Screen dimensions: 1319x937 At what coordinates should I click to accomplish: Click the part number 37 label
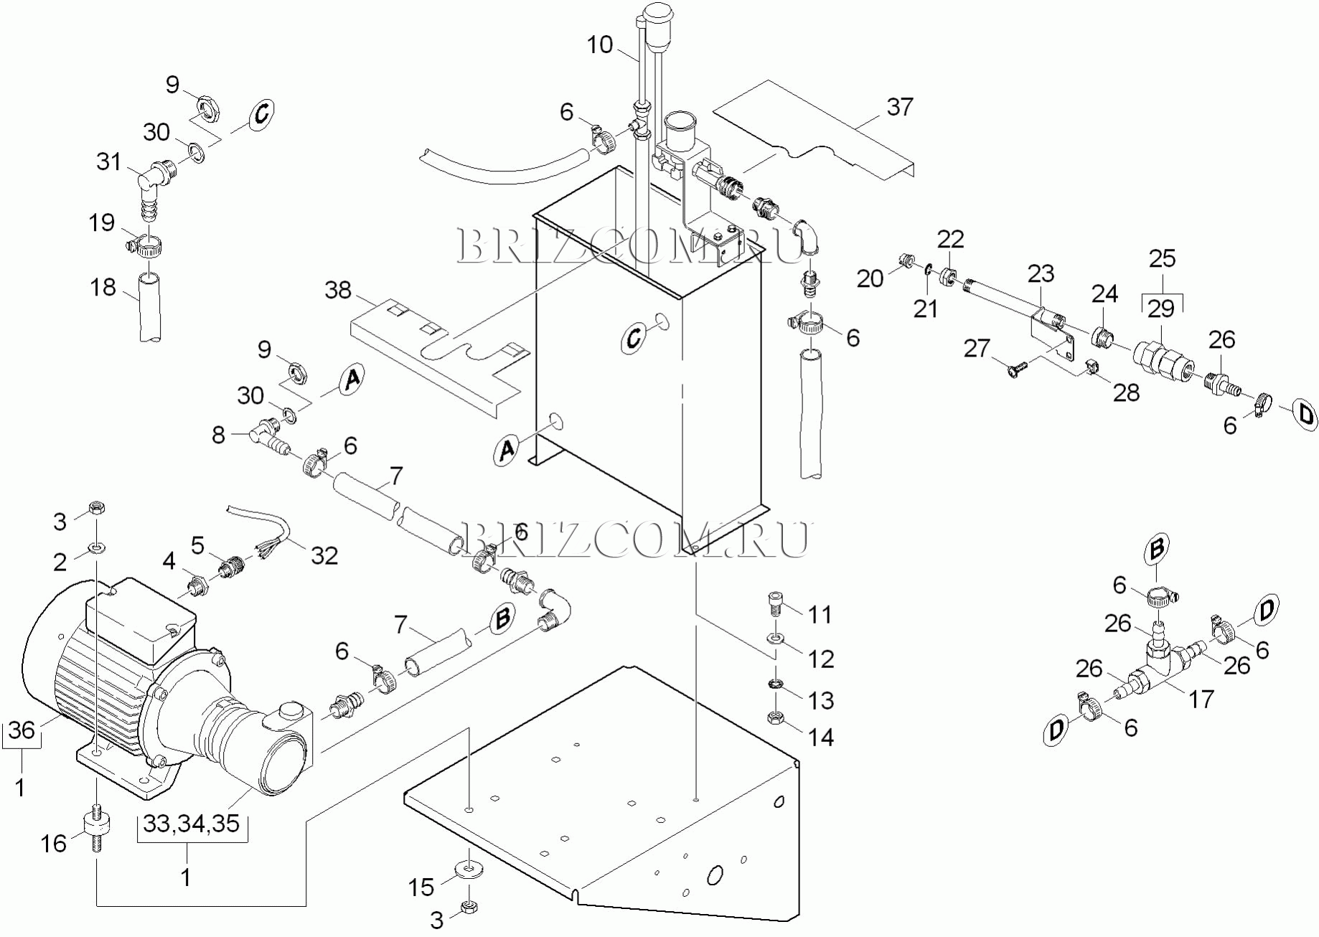coord(900,107)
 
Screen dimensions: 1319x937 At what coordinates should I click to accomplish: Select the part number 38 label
coord(338,290)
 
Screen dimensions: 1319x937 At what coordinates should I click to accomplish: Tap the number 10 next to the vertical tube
coord(600,44)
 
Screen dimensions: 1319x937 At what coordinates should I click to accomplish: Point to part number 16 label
coord(53,844)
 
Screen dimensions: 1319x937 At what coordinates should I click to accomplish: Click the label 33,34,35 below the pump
coord(191,824)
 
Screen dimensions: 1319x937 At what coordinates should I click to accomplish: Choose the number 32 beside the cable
coord(324,555)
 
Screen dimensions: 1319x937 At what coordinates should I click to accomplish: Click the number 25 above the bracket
coord(1163,258)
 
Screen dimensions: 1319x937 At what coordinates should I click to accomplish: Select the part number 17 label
coord(1201,699)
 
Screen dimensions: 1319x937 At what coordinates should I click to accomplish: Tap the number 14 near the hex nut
coord(821,737)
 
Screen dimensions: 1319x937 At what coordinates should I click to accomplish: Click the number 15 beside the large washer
coord(421,887)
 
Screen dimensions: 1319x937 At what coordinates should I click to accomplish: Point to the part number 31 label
coord(109,161)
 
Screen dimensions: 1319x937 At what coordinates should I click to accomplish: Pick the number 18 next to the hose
coord(103,287)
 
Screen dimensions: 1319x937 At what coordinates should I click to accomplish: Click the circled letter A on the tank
coord(507,450)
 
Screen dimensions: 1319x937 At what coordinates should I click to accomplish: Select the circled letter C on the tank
coord(634,337)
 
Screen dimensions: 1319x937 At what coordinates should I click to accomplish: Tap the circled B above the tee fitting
coord(1157,549)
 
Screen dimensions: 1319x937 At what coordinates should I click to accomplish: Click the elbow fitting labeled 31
coord(154,184)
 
